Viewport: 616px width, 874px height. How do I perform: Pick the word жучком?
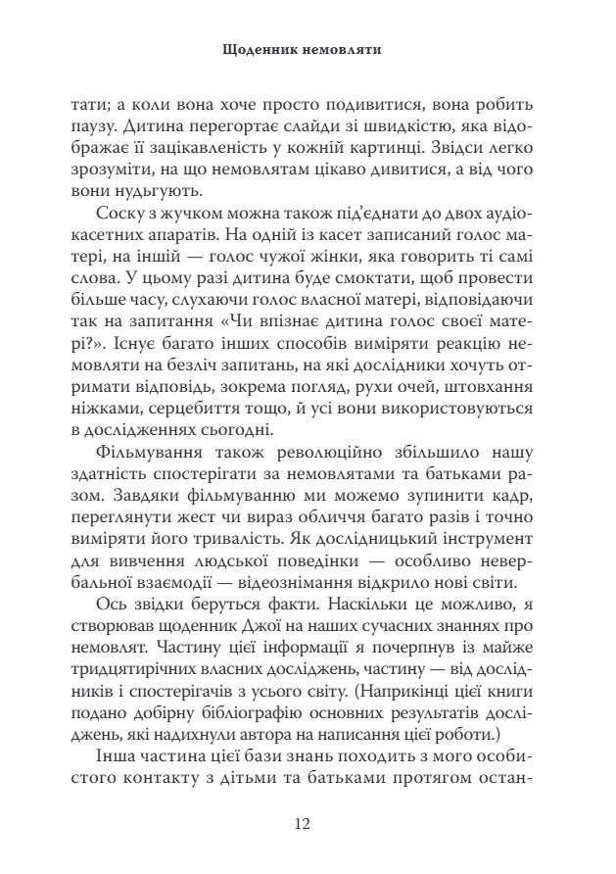click(x=195, y=212)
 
